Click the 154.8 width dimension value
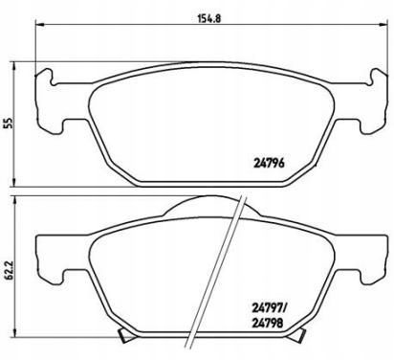(210, 18)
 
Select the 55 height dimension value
(10, 124)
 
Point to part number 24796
(269, 164)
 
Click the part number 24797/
(270, 308)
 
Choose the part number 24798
(268, 324)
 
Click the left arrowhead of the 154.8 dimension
(39, 24)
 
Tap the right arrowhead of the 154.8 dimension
(383, 24)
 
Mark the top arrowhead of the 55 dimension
(13, 66)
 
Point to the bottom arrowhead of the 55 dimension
(13, 182)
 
